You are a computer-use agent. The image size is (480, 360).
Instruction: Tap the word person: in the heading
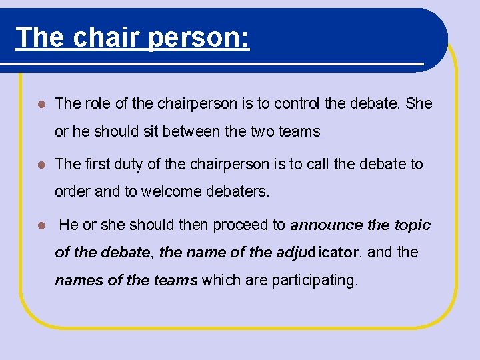199,37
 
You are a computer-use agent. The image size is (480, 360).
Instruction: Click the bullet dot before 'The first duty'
41,165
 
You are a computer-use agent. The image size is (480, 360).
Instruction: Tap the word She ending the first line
418,104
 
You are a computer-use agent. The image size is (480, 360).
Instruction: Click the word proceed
237,225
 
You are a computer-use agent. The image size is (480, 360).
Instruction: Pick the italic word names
79,280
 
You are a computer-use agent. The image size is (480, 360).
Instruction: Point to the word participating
314,280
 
